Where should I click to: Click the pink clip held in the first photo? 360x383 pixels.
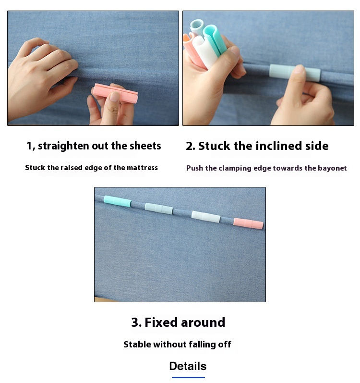pyautogui.click(x=115, y=93)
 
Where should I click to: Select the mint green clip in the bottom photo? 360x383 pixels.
pyautogui.click(x=117, y=201)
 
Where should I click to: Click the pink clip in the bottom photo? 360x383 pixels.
pyautogui.click(x=248, y=223)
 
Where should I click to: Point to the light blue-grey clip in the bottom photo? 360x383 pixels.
pyautogui.click(x=159, y=208)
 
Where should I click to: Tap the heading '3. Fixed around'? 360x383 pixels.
pyautogui.click(x=178, y=322)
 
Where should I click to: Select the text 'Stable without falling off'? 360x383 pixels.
pyautogui.click(x=177, y=344)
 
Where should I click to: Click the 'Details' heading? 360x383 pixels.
pyautogui.click(x=188, y=366)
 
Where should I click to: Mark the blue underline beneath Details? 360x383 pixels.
pyautogui.click(x=188, y=377)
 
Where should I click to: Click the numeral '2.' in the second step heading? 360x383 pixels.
pyautogui.click(x=191, y=146)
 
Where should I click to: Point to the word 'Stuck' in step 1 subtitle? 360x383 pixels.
pyautogui.click(x=35, y=168)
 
